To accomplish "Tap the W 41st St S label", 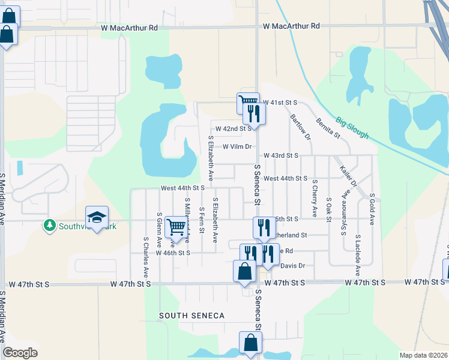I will point(281,103).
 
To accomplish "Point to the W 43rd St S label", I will point(281,155).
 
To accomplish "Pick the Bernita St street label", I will point(328,127).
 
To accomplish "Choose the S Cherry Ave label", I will point(315,199).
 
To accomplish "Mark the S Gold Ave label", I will point(372,209).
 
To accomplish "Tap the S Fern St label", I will point(202,224).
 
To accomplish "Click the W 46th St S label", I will point(173,253).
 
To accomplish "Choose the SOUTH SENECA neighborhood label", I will point(191,316).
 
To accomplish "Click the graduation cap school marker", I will point(97,218).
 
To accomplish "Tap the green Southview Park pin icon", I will point(49,226).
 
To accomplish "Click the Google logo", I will point(20,353).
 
